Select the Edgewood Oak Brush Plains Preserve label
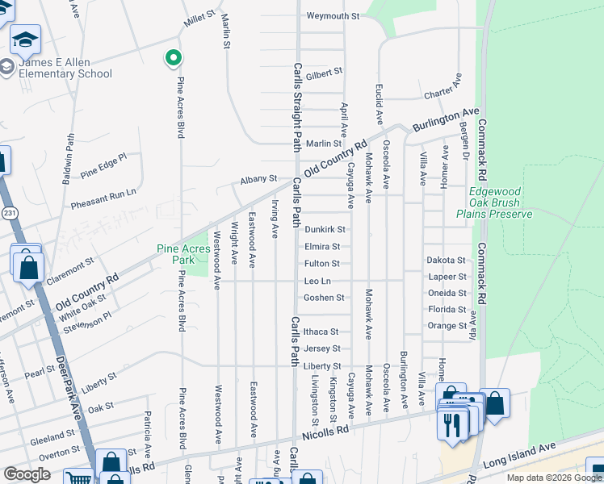[494, 202]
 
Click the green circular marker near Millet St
[172, 58]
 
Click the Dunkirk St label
[325, 230]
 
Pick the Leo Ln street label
[317, 281]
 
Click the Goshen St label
[324, 298]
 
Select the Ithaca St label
[322, 332]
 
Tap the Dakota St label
[447, 260]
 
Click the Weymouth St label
[333, 16]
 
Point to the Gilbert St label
[325, 73]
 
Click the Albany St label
[260, 179]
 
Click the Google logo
[27, 474]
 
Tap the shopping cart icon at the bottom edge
[78, 478]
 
